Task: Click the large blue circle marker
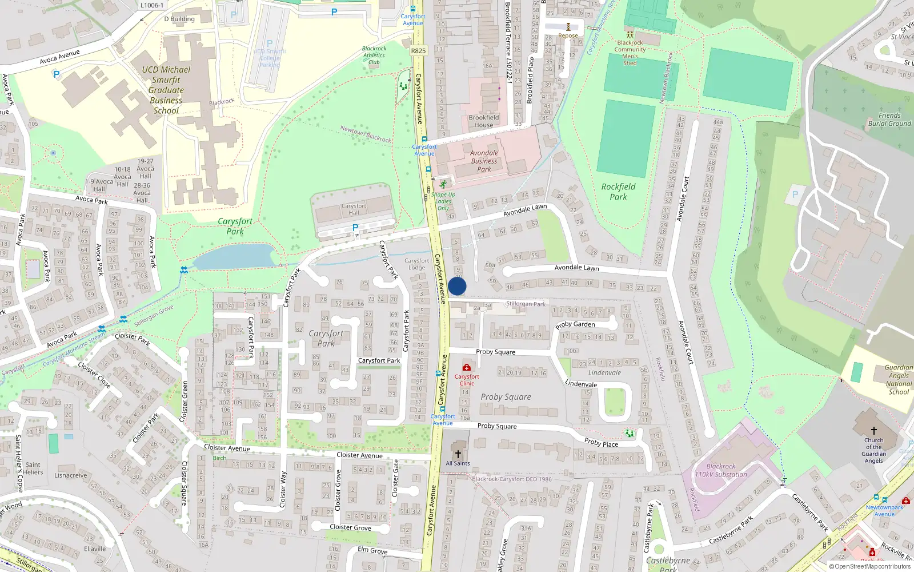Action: pos(457,286)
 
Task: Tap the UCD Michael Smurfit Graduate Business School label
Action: pos(166,90)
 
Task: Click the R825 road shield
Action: pos(418,51)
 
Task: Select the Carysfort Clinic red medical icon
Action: pos(467,367)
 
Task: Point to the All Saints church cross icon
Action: pos(458,454)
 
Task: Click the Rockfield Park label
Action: pos(618,192)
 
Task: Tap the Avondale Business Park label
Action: pos(484,161)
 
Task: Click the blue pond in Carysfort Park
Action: pos(234,257)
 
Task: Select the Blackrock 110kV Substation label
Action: pos(721,470)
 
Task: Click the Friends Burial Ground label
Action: pos(889,119)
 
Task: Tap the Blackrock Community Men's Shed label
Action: pos(630,53)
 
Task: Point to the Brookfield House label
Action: pos(483,121)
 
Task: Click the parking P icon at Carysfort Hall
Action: pos(355,228)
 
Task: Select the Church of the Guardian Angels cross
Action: pos(873,431)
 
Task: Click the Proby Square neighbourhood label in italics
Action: pos(506,397)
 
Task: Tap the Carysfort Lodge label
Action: pos(416,264)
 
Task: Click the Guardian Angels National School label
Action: pos(898,380)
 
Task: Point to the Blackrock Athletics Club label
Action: pos(374,55)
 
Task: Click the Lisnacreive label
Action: pos(71,475)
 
